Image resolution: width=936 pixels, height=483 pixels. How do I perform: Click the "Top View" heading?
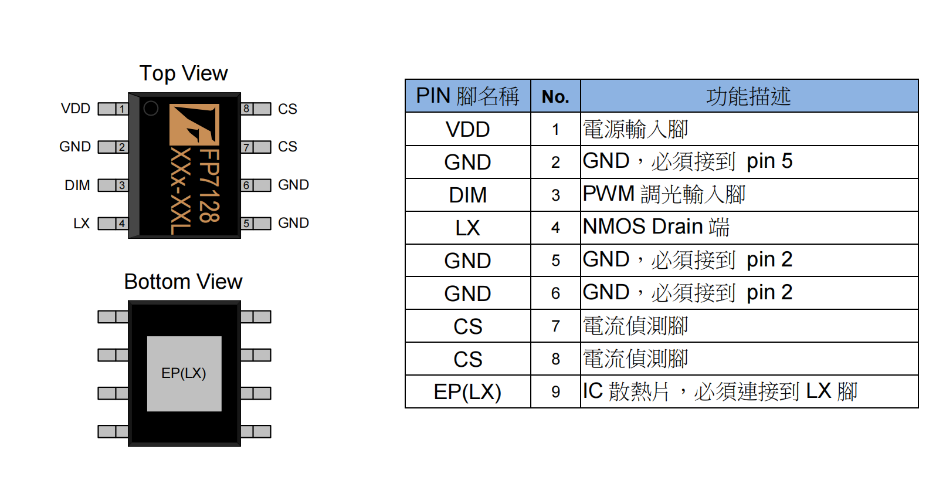[x=184, y=73]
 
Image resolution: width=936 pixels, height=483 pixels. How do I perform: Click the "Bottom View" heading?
[x=183, y=282]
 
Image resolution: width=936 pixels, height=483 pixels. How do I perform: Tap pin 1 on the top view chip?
[x=113, y=109]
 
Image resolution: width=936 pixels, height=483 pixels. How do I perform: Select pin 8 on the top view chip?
[x=256, y=109]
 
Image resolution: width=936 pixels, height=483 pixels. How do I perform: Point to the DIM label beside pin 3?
[x=77, y=185]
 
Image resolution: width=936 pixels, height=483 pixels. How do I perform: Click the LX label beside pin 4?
[x=82, y=224]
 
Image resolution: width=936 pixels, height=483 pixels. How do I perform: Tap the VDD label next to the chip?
[x=76, y=109]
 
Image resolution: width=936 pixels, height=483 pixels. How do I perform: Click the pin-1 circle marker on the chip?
[x=151, y=109]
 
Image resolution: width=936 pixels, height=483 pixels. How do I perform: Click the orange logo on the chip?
[x=194, y=124]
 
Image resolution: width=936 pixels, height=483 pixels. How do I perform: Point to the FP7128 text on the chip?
[x=209, y=185]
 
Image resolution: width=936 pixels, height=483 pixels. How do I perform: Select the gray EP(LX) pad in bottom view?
[x=184, y=373]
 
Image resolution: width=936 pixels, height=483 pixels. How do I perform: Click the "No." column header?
[x=555, y=97]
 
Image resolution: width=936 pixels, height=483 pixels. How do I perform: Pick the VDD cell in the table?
[x=467, y=129]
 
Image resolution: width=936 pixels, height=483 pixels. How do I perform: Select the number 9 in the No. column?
[x=555, y=392]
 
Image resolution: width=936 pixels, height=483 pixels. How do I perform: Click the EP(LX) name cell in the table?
[x=467, y=392]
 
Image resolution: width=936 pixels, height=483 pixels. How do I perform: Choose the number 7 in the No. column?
[x=555, y=326]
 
